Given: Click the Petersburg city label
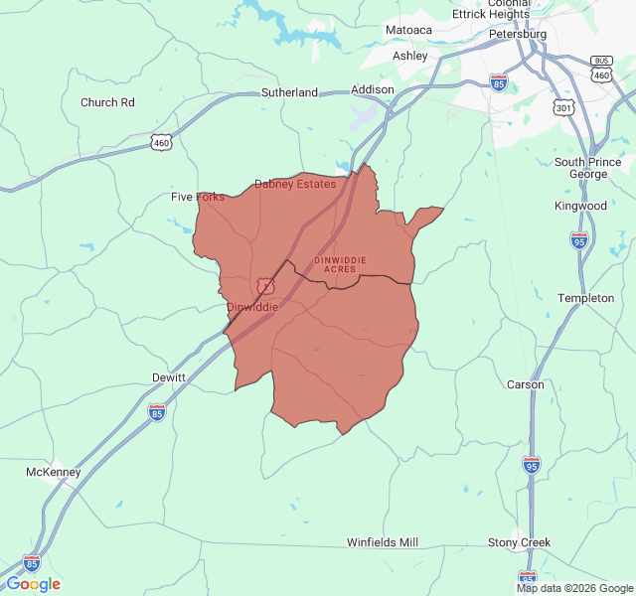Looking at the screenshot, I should (518, 34).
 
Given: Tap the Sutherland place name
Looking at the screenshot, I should (289, 92).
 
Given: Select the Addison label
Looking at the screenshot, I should (373, 89).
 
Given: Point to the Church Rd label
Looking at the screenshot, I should (107, 102).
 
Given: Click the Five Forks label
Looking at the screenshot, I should (198, 197).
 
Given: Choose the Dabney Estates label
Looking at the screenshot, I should (295, 184).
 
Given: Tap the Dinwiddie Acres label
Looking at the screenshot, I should (340, 264).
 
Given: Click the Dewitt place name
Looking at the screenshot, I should (168, 377).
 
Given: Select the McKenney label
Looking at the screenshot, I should (53, 472).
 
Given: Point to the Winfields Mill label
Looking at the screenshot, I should (383, 542).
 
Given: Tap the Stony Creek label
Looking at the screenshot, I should (519, 542).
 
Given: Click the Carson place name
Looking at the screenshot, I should (526, 384).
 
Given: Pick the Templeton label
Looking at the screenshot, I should (585, 298).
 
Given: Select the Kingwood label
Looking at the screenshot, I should (580, 206).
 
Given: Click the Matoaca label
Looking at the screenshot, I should (408, 30).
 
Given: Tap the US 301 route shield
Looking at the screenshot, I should (564, 107).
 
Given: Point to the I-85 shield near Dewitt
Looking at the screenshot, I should (157, 411).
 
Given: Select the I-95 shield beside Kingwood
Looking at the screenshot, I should (579, 239).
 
